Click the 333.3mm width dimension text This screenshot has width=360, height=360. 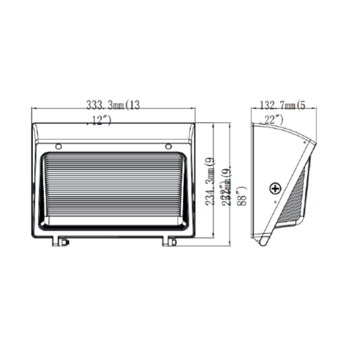tap(113, 105)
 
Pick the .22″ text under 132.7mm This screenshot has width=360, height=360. tap(272, 120)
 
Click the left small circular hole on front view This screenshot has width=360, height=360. tap(59, 147)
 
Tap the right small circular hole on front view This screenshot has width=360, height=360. tap(168, 147)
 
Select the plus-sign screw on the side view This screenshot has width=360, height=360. tap(275, 188)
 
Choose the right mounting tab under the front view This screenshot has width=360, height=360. tap(168, 242)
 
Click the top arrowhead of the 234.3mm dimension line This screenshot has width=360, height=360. tap(214, 126)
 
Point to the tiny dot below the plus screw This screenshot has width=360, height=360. tap(275, 200)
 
